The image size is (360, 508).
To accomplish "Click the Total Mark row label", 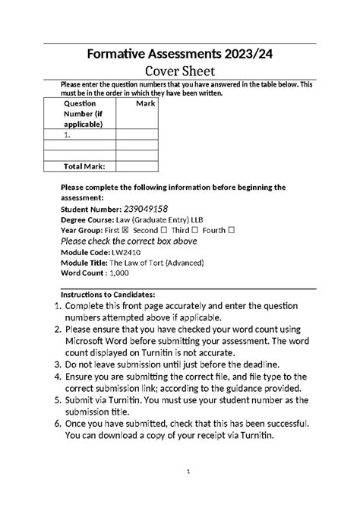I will point(84,166).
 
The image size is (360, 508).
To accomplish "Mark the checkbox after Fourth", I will point(232,230).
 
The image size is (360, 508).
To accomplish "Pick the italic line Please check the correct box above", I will point(128,241).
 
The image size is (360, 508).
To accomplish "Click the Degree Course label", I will point(90,219).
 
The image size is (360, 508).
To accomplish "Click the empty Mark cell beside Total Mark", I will point(138,166).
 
